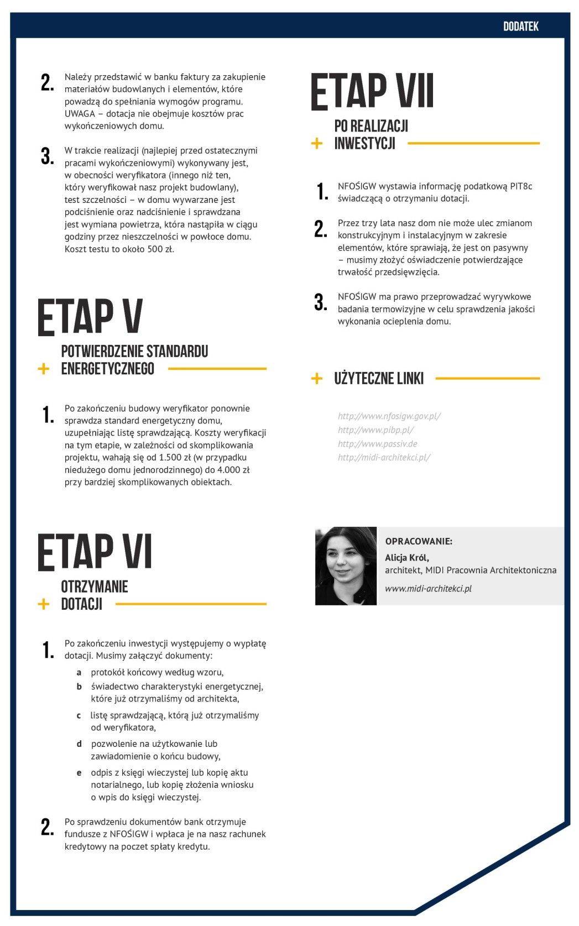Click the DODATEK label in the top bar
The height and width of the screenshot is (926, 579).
click(x=520, y=26)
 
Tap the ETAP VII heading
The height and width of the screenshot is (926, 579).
click(x=372, y=91)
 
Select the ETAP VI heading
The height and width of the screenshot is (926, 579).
click(x=95, y=552)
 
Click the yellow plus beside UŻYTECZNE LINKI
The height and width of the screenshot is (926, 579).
click(x=317, y=379)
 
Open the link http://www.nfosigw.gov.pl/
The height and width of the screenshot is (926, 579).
click(x=389, y=416)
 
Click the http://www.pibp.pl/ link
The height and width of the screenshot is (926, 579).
click(x=375, y=430)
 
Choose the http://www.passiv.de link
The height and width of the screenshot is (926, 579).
click(x=377, y=444)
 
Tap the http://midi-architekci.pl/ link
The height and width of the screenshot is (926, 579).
click(x=384, y=458)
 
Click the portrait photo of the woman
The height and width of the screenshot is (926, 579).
click(x=346, y=566)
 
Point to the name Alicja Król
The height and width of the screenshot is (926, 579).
click(x=406, y=557)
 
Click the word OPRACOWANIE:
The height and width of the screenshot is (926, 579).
click(x=418, y=541)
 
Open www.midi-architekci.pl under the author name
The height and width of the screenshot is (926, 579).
click(x=428, y=588)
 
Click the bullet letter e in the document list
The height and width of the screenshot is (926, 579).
click(x=79, y=773)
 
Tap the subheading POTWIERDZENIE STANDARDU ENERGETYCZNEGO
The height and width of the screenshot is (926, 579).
click(x=134, y=360)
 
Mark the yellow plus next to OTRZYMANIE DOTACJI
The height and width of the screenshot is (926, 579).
click(x=43, y=604)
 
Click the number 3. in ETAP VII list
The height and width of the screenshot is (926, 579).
click(x=321, y=302)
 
